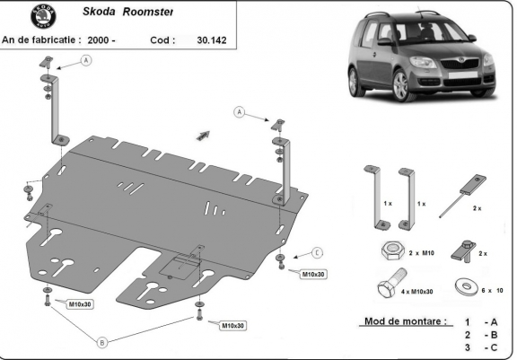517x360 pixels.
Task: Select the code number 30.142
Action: [x=213, y=40]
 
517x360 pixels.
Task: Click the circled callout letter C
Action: [x=317, y=252]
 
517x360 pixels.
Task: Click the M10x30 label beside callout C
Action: [x=313, y=273]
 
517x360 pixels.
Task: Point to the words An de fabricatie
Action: [x=39, y=40]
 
